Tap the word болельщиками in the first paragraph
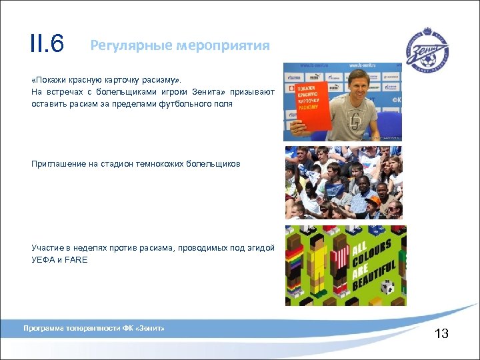click(x=117, y=92)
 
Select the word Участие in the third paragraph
click(x=47, y=248)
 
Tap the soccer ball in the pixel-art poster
click(x=387, y=287)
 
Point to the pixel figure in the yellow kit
click(x=319, y=267)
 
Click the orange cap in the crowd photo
click(x=373, y=199)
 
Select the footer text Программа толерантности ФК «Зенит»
click(x=94, y=329)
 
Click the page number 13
click(x=441, y=333)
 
